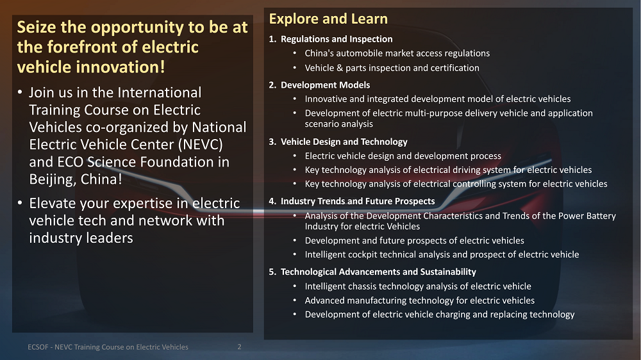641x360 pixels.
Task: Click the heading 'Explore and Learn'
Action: coord(328,19)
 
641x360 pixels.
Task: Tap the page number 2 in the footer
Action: coord(239,347)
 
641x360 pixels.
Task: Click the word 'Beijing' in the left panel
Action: coord(52,179)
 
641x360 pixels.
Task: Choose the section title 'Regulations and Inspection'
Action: coord(337,39)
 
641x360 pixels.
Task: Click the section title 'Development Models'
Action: coord(325,85)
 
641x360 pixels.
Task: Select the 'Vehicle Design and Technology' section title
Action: coord(344,142)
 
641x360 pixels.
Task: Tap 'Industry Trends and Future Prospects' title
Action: coord(358,201)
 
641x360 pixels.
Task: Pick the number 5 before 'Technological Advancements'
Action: coord(272,272)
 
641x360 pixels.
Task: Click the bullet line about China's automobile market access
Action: coord(397,54)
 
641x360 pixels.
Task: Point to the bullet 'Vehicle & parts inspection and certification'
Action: coord(392,68)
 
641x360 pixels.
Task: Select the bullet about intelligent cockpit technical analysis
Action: coord(442,254)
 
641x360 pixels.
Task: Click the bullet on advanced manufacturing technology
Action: coord(419,301)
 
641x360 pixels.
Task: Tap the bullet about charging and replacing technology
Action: coord(440,315)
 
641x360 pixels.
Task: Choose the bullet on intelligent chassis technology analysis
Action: coord(418,286)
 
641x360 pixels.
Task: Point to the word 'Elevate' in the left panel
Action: coord(52,203)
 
